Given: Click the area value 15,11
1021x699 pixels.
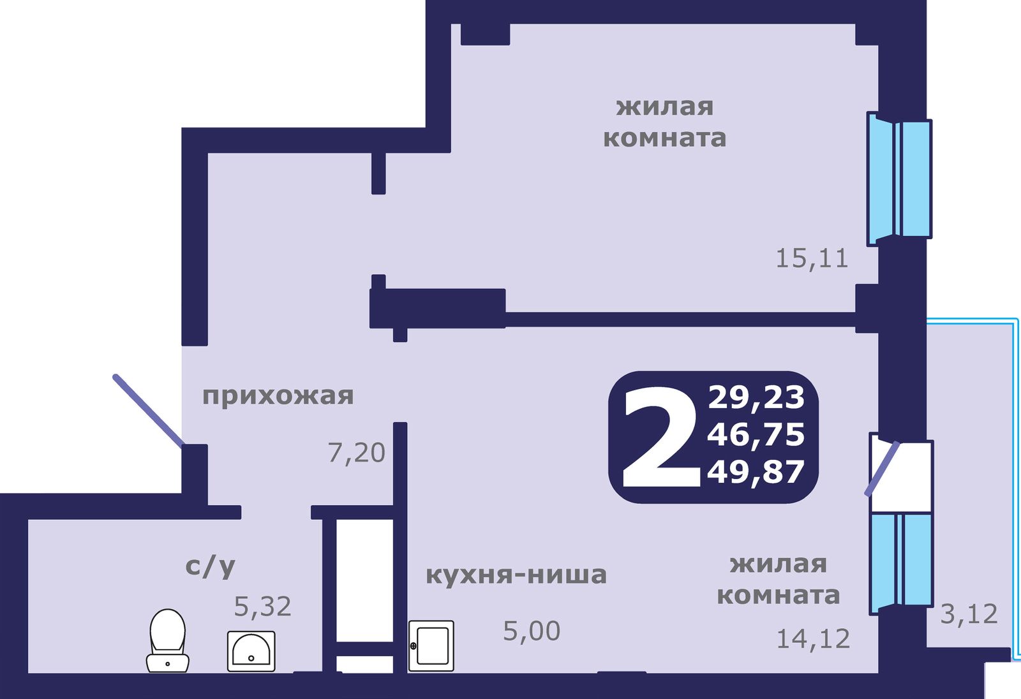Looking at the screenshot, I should tap(812, 258).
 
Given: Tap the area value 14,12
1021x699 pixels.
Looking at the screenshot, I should tap(813, 638).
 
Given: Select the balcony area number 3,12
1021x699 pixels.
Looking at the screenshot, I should tap(969, 614).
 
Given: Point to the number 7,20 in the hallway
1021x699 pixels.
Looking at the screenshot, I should tap(356, 453).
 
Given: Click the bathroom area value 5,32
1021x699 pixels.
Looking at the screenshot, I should tap(262, 607).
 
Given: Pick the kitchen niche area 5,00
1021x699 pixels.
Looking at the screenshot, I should tap(532, 631).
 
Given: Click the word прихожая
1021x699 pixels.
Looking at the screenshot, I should tap(278, 396).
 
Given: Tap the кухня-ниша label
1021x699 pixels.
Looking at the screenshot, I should tap(516, 575).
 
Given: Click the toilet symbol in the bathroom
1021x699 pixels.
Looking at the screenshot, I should tap(167, 640).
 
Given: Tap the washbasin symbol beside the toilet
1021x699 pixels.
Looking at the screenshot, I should tap(251, 651).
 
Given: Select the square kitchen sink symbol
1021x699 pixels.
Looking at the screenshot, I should tap(431, 645).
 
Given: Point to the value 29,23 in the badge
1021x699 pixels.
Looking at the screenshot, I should tap(756, 397).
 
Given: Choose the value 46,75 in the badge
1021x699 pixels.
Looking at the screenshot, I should tap(756, 434).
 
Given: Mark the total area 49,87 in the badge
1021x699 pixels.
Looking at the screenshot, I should tap(756, 473).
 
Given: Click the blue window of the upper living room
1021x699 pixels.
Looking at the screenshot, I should tap(898, 179).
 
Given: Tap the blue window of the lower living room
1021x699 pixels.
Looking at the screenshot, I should tap(900, 559).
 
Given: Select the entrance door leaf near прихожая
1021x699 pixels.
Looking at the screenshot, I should tap(148, 410).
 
